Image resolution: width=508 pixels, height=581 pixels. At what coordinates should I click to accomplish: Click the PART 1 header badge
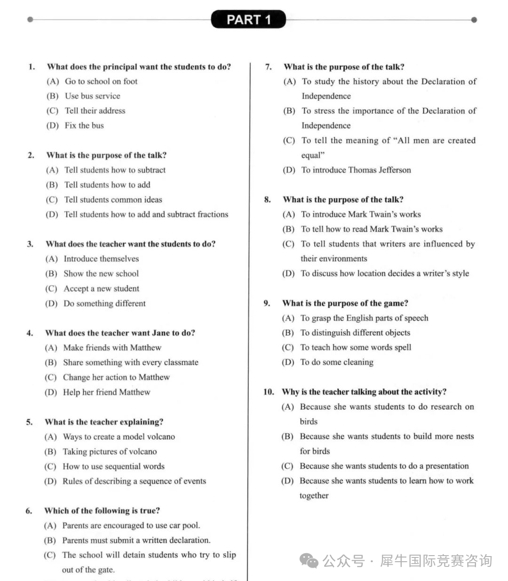[x=248, y=19]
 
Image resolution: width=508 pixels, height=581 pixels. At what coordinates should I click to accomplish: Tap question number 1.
[x=32, y=67]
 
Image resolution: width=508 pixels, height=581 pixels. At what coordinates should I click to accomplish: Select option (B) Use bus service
[x=92, y=96]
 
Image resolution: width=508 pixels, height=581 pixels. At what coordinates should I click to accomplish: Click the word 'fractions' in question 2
[x=213, y=215]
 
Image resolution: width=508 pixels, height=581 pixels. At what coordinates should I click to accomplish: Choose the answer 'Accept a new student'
[x=101, y=288]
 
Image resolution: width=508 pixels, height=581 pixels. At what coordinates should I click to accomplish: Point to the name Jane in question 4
[x=161, y=333]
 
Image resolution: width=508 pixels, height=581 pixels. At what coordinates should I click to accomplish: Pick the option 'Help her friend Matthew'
[x=106, y=392]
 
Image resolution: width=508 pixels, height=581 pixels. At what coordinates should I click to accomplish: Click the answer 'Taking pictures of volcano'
[x=110, y=452]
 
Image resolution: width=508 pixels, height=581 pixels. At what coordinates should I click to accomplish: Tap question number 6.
[x=29, y=511]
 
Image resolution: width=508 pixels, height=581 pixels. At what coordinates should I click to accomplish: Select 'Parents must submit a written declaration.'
[x=136, y=541]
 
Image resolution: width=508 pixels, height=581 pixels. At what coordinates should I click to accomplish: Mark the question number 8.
[x=268, y=200]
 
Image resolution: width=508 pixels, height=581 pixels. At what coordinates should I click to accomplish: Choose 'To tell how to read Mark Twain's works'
[x=372, y=229]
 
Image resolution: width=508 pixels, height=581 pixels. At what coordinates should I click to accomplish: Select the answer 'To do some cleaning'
[x=337, y=362]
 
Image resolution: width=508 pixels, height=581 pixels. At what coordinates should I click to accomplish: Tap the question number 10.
[x=269, y=392]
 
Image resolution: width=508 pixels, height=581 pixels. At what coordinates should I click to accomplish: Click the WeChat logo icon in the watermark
[x=309, y=561]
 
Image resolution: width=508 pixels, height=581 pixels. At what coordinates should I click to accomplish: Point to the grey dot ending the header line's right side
[x=474, y=20]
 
